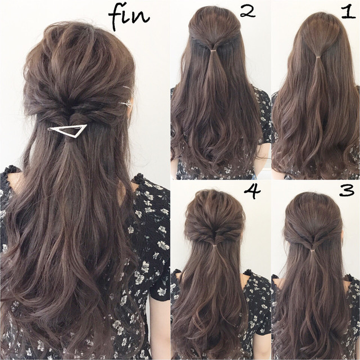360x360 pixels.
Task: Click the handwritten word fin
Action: pos(129,16)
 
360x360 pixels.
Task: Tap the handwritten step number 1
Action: pos(349,12)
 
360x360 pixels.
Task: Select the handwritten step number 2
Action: pos(247,12)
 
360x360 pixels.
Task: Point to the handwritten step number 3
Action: pos(347,190)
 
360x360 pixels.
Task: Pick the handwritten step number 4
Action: pos(253,191)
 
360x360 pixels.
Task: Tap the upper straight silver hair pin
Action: pos(127,88)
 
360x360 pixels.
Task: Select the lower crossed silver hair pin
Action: pos(125,103)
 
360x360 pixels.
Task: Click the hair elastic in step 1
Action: pos(318,57)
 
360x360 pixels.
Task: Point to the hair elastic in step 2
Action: pos(214,50)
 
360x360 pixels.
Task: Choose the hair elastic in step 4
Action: pos(215,246)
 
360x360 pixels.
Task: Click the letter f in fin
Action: pos(115,17)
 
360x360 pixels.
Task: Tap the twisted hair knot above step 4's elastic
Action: pos(215,235)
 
